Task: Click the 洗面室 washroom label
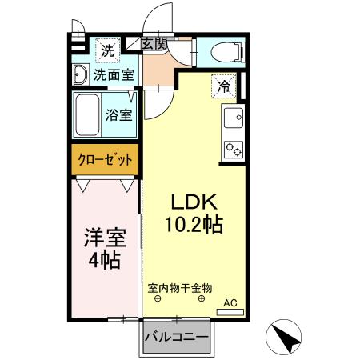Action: pos(114,75)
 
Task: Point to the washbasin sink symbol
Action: pos(80,75)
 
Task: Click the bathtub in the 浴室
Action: pos(88,114)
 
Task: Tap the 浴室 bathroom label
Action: pos(121,114)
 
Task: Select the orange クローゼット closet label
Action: pos(105,159)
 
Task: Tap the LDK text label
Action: pos(192,203)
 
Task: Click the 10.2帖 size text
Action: pos(192,225)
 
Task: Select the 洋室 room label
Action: pos(105,238)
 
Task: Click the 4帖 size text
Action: pos(105,260)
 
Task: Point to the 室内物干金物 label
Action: pos(180,286)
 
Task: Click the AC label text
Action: pos(231,302)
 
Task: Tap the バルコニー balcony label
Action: pos(177,337)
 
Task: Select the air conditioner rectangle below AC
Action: pos(231,312)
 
